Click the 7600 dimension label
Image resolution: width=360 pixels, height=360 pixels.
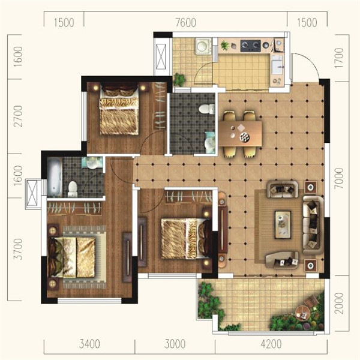[186, 23]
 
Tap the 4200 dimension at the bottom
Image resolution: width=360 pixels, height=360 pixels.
[271, 344]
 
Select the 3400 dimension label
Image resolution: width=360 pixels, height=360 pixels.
[89, 344]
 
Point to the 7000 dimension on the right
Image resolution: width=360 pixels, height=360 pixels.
[339, 178]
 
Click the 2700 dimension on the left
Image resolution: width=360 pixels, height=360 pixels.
[18, 116]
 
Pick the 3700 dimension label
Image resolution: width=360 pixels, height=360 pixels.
[18, 249]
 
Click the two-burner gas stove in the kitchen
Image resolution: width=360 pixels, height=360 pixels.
[250, 46]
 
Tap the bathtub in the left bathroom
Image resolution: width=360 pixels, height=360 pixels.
[55, 176]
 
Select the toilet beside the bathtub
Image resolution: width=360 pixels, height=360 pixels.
[73, 189]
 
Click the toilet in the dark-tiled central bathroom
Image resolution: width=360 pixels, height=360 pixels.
[207, 109]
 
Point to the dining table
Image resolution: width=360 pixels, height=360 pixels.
[240, 134]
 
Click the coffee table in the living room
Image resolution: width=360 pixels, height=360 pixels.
[283, 225]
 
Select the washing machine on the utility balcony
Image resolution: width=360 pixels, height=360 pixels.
[203, 46]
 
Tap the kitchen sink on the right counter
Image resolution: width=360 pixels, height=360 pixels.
[277, 65]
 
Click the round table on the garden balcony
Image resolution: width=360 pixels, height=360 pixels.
[302, 313]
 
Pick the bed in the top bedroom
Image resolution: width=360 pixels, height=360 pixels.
[119, 110]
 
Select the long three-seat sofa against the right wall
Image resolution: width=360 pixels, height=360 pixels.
[313, 225]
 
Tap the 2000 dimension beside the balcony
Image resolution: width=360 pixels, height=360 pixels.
[339, 303]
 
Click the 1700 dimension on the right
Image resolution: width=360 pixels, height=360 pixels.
[339, 58]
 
